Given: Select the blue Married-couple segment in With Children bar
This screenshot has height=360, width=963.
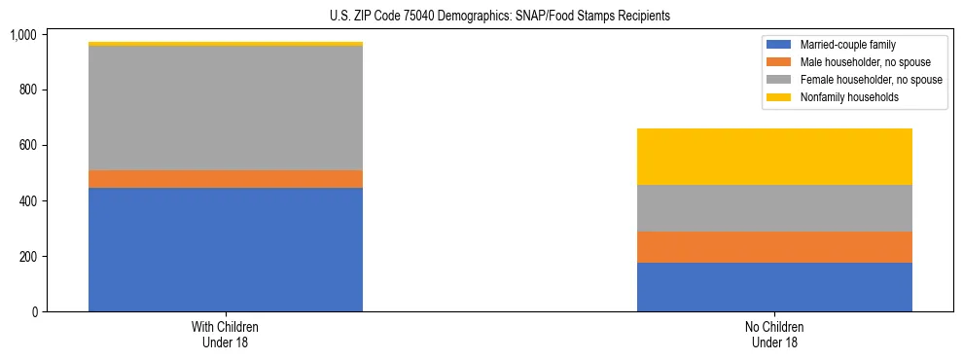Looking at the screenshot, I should point(226,249).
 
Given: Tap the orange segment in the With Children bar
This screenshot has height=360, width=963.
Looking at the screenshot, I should point(226,179).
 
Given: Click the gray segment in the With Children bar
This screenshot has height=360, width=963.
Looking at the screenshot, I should point(226,108).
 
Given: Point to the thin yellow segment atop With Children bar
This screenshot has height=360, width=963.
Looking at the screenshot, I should point(226,44).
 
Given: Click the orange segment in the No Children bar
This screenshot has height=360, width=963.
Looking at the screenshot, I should point(774,247).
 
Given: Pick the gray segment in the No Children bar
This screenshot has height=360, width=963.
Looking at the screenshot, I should point(774,208).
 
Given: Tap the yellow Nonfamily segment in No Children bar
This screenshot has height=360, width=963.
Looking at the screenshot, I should point(774,157).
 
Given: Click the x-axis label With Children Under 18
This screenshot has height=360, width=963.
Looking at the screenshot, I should point(226,334).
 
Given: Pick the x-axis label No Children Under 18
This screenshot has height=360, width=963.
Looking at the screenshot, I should point(774,334).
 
